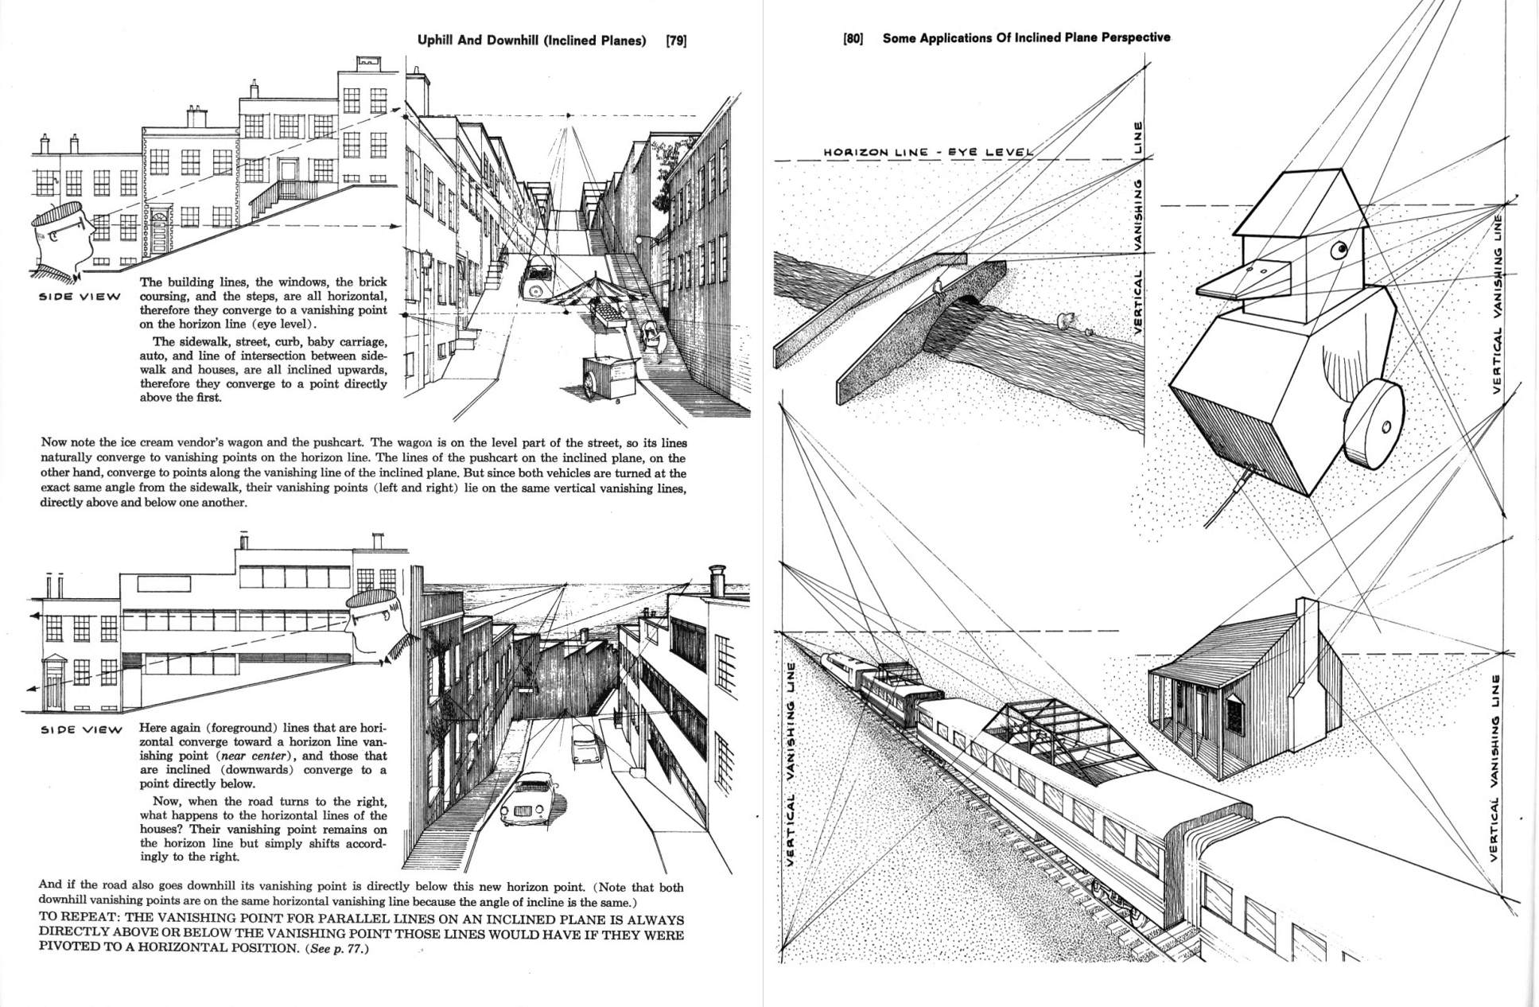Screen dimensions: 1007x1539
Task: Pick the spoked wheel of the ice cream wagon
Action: point(590,384)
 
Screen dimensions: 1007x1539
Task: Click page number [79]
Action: point(675,41)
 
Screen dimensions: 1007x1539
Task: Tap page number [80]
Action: point(853,38)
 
